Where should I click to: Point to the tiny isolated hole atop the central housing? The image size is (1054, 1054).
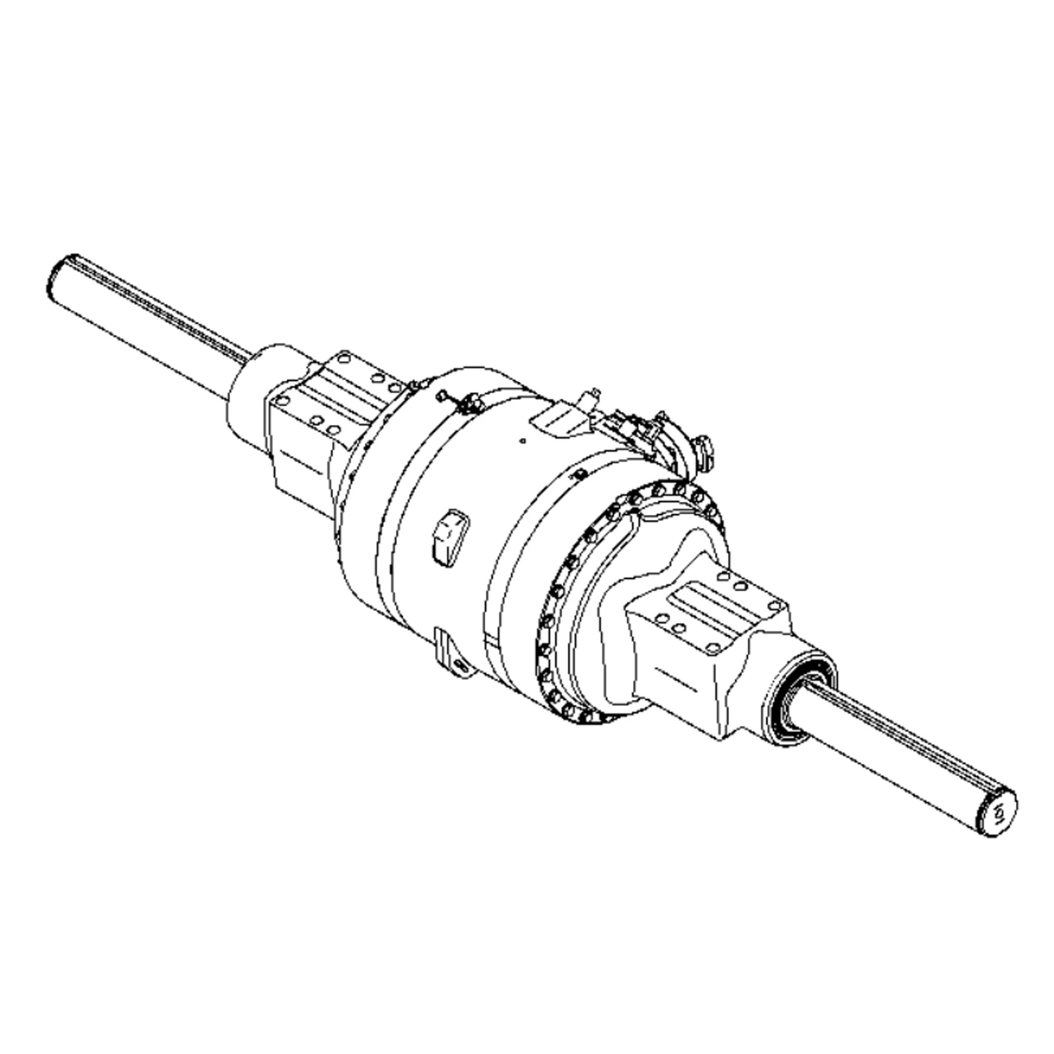point(523,440)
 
